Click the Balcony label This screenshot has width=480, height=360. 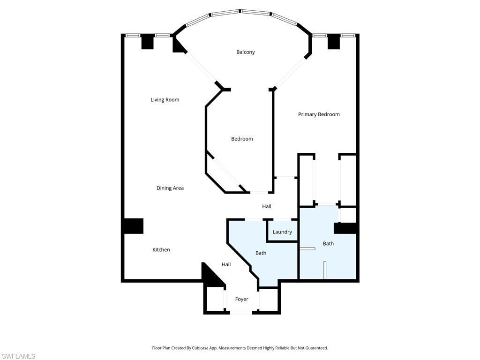click(x=245, y=52)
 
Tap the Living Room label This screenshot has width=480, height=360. click(x=165, y=100)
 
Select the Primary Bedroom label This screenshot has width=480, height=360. click(x=319, y=114)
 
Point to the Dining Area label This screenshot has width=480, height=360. click(x=170, y=188)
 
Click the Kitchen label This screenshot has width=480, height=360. click(x=161, y=250)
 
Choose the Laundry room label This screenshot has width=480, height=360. click(x=282, y=232)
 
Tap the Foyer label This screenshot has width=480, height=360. click(x=241, y=299)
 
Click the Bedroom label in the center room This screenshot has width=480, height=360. click(x=242, y=139)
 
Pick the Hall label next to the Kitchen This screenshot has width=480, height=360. click(x=226, y=264)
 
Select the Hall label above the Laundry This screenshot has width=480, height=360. click(x=266, y=206)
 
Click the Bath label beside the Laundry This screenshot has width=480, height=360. click(x=261, y=253)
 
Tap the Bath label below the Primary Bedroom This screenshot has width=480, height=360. click(x=328, y=244)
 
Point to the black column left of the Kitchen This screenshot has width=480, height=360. click(x=133, y=226)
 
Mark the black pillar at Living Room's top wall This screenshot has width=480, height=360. click(x=147, y=42)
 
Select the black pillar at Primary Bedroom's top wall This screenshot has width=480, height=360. click(x=333, y=42)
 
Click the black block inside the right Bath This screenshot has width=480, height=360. click(x=345, y=228)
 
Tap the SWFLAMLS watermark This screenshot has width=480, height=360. click(x=18, y=356)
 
